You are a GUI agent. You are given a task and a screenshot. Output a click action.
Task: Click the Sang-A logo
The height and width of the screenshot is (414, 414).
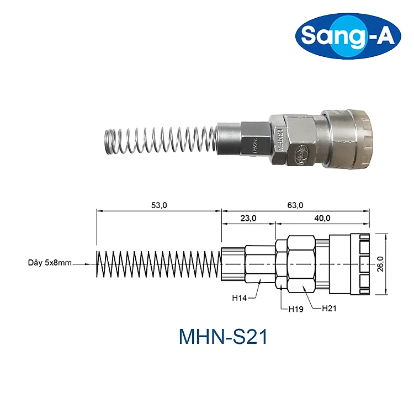coord(348,36)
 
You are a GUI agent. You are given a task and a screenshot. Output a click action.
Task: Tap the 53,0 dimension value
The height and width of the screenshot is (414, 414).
coord(159,205)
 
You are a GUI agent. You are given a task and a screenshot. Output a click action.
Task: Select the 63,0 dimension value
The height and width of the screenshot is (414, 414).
coord(295,205)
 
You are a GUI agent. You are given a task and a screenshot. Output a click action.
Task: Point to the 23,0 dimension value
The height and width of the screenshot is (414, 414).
coord(248,218)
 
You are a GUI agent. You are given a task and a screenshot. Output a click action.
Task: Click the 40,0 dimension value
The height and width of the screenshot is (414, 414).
coord(322,218)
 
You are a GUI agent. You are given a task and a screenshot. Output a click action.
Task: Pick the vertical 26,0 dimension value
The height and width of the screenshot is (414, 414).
coord(380,264)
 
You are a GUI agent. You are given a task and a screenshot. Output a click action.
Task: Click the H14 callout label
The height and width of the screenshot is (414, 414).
coord(239,298)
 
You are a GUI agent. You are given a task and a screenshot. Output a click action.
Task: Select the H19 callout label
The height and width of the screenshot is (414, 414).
coord(296,309)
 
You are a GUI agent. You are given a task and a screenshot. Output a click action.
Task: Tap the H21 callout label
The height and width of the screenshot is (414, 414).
coord(329,308)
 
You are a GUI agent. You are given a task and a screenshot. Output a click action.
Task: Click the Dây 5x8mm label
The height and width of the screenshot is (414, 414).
coord(50,263)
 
